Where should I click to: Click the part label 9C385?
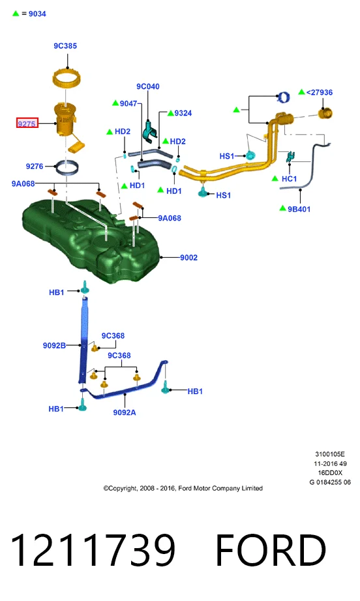[65, 46]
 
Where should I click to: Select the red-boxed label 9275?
[27, 123]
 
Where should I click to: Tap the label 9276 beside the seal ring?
[35, 166]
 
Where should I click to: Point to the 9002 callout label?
[189, 258]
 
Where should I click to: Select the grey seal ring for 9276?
[67, 168]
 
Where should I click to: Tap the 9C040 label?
[148, 87]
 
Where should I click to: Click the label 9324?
[183, 113]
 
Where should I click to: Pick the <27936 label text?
[320, 93]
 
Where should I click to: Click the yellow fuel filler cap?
[325, 114]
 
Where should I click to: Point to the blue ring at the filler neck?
[284, 97]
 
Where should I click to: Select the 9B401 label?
[299, 209]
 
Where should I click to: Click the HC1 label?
[289, 179]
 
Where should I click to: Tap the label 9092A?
[125, 412]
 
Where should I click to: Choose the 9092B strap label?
[54, 345]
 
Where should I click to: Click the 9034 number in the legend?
[37, 14]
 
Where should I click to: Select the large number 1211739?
[93, 549]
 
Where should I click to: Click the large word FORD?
[271, 549]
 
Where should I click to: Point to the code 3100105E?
[330, 454]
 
